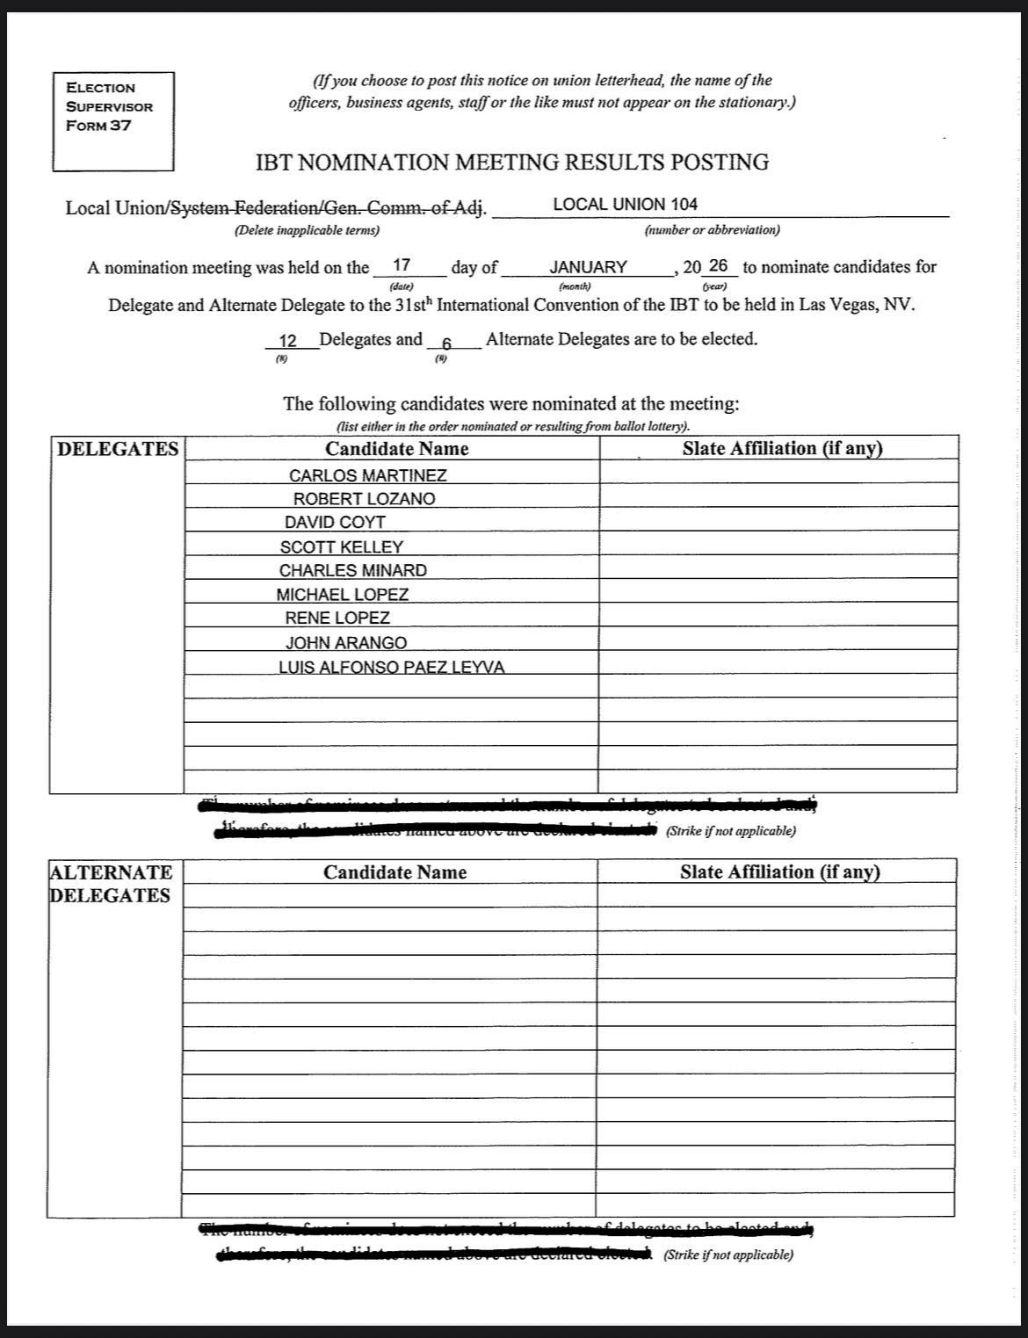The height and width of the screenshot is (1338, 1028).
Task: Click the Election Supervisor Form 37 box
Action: click(112, 120)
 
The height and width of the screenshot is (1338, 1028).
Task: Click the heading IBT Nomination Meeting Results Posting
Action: click(511, 163)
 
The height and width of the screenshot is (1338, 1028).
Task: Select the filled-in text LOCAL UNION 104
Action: click(625, 205)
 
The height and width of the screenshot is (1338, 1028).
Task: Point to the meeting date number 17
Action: click(402, 264)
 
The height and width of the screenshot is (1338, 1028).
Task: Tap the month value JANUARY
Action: click(588, 267)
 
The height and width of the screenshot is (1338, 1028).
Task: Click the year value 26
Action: click(718, 265)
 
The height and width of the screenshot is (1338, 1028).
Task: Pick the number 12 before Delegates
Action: click(287, 340)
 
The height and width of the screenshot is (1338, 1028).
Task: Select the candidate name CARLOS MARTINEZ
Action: click(368, 475)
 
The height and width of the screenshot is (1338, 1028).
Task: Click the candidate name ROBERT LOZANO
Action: click(364, 499)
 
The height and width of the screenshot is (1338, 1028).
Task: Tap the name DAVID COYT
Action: click(335, 523)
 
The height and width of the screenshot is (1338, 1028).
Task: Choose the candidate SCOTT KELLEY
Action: click(342, 546)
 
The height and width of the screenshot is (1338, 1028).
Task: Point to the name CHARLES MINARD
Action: click(353, 570)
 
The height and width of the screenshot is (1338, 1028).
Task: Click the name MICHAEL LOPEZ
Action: click(343, 595)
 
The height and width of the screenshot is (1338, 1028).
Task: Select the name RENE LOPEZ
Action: click(337, 618)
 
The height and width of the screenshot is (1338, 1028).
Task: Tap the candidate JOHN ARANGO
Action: click(346, 643)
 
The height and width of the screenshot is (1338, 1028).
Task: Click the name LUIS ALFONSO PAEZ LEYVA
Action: click(392, 667)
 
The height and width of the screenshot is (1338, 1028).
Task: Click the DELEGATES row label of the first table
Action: click(117, 449)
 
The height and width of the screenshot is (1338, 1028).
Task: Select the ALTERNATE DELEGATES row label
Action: click(111, 884)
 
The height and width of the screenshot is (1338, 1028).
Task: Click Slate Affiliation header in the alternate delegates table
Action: click(779, 872)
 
